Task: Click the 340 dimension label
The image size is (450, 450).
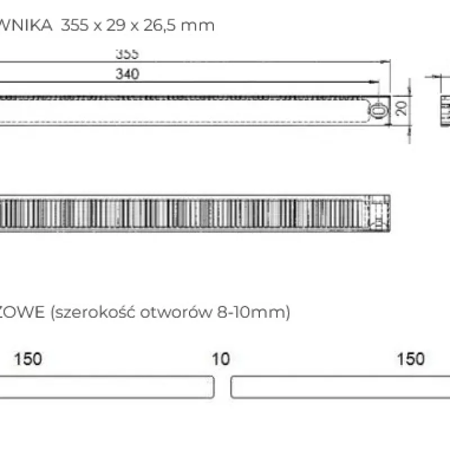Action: tap(128, 73)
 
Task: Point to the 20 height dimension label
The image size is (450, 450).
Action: tap(401, 108)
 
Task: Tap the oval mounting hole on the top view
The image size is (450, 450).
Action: tap(380, 110)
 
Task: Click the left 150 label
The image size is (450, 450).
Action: tap(28, 359)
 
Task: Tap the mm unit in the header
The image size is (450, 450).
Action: tap(203, 26)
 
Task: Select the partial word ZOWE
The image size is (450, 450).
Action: tap(22, 313)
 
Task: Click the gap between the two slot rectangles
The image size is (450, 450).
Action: tap(223, 388)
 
